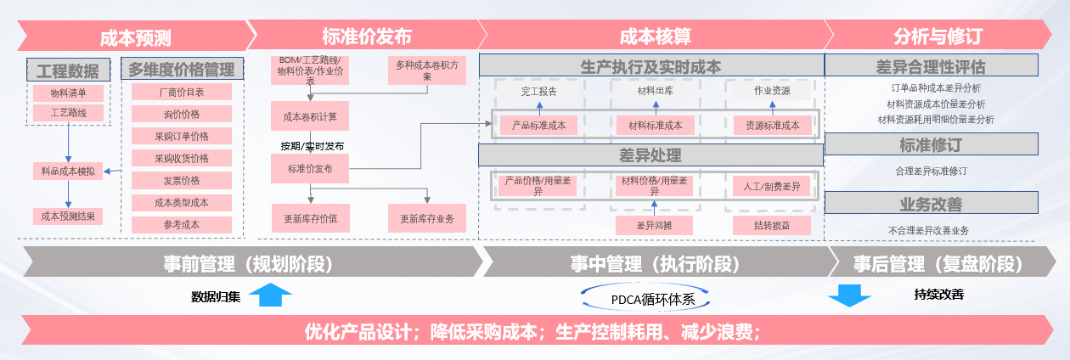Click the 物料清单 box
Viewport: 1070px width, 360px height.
(x=68, y=93)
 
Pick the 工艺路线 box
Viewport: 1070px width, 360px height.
(x=68, y=113)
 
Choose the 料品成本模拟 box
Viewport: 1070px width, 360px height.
(x=68, y=171)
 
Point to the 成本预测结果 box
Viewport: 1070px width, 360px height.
(x=68, y=217)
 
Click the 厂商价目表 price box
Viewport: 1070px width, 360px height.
(x=181, y=92)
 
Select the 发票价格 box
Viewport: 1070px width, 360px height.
(x=181, y=180)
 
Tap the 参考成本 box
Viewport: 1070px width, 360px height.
(x=181, y=225)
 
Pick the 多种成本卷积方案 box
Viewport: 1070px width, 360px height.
(x=426, y=70)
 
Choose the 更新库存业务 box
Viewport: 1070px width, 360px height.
(x=426, y=218)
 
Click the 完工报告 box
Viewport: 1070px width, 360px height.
(x=538, y=90)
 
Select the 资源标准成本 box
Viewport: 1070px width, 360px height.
(x=772, y=125)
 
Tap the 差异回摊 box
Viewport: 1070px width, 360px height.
(x=653, y=225)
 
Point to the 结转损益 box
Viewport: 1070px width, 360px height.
(x=772, y=225)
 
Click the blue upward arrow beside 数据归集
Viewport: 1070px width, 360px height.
(x=271, y=295)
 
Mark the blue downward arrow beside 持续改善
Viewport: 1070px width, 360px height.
(x=849, y=295)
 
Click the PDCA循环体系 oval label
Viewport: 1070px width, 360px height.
(x=646, y=298)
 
